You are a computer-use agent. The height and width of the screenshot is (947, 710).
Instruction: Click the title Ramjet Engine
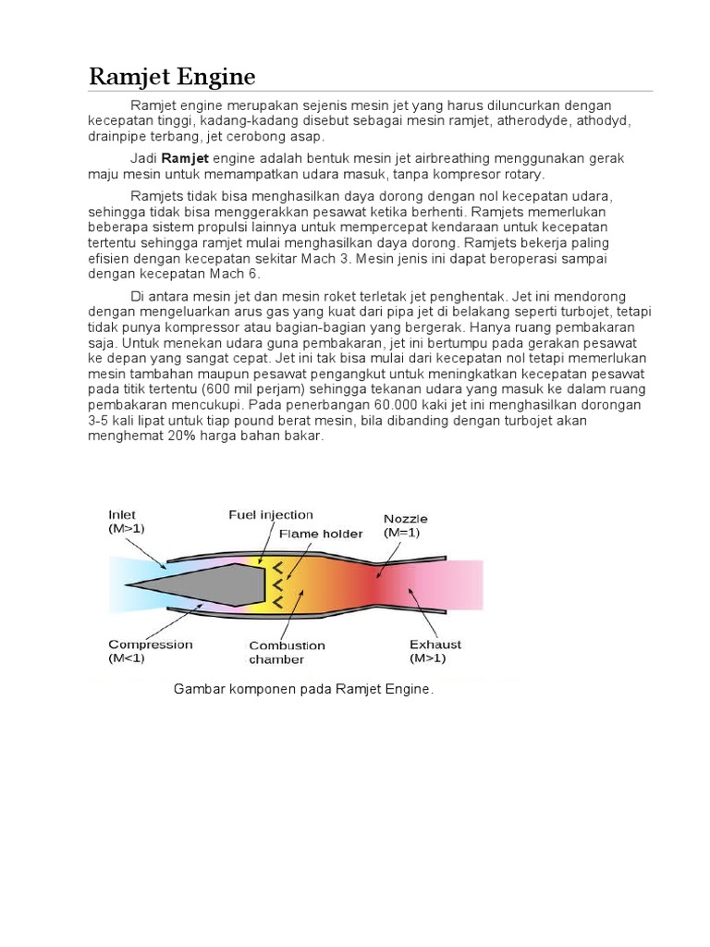(171, 76)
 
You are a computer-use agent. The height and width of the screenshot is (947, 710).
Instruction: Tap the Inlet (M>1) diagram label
(126, 521)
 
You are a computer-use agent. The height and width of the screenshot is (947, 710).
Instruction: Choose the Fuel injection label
(271, 515)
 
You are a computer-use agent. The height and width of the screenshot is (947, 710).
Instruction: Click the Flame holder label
(321, 534)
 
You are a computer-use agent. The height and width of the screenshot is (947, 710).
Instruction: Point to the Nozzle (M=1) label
(406, 525)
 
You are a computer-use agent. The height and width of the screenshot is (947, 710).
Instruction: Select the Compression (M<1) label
(151, 651)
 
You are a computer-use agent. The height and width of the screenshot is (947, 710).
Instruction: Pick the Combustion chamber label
(287, 652)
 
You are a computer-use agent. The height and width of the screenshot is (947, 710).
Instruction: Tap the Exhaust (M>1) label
(435, 651)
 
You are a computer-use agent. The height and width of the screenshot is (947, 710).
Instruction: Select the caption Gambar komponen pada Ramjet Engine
(303, 689)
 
